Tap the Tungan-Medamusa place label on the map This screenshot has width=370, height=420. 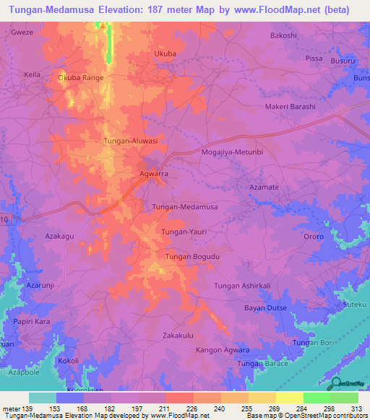[x=185, y=207]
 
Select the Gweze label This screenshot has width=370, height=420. [x=22, y=34]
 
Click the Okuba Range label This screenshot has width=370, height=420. [x=81, y=77]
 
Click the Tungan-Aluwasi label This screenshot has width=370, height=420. [x=131, y=141]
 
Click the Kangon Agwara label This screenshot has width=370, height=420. [x=223, y=350]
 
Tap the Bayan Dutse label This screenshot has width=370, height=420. [x=266, y=308]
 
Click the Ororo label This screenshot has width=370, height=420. [x=314, y=236]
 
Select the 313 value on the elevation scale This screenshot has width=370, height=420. [x=356, y=409]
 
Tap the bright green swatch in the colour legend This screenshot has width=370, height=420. [x=317, y=398]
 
